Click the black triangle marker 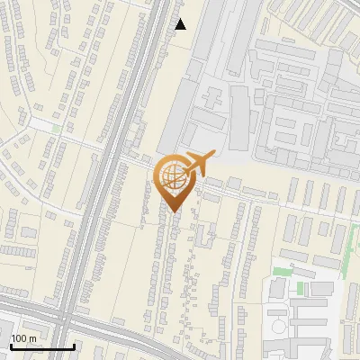click(x=181, y=24)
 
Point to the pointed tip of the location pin click(x=172, y=211)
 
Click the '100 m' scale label click(x=23, y=338)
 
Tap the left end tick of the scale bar click(x=11, y=345)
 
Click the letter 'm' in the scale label click(x=32, y=338)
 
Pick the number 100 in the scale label click(x=19, y=338)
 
